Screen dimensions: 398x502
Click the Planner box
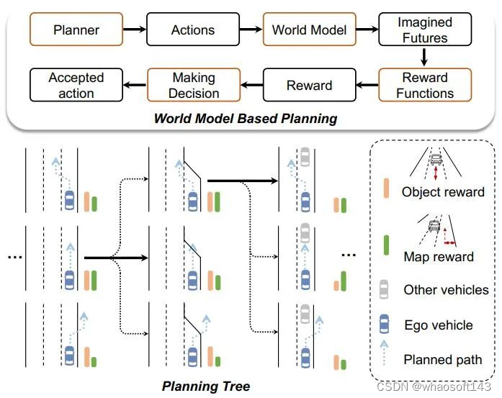[75, 30]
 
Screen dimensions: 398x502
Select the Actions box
[192, 30]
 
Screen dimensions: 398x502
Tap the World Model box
[309, 30]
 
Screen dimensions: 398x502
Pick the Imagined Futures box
[425, 30]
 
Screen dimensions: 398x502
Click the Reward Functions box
[425, 85]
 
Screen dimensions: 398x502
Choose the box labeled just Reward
[309, 85]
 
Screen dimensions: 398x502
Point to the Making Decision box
[194, 85]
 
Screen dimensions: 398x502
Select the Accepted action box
[76, 85]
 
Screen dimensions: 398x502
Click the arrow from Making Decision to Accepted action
[134, 85]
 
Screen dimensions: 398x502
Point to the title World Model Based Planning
[245, 118]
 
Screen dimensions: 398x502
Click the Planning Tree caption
[206, 386]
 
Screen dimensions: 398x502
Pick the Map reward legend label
[438, 256]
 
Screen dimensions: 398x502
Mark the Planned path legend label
[443, 360]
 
